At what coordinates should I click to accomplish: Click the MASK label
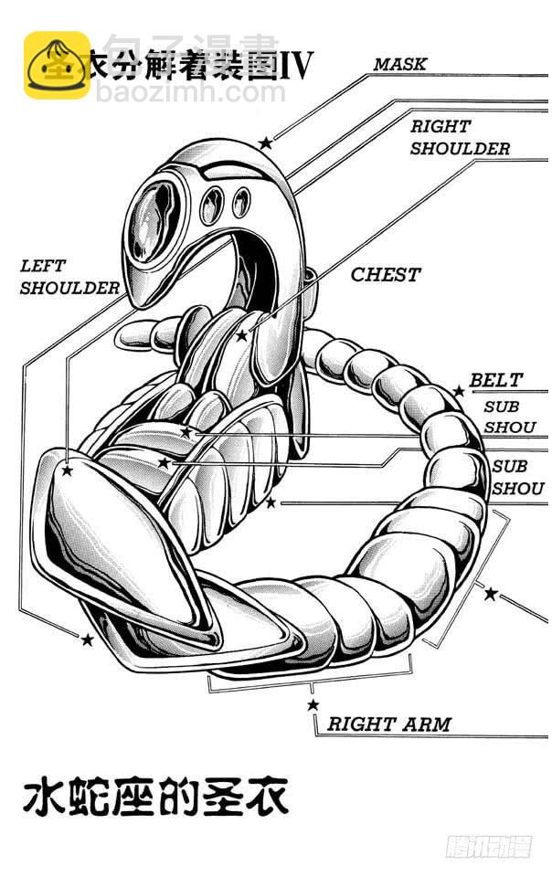(x=399, y=64)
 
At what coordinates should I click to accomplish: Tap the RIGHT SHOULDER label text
(x=459, y=137)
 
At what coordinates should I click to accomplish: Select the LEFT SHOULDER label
(x=69, y=277)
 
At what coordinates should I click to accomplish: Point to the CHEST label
(x=386, y=274)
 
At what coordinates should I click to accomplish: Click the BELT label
(x=496, y=380)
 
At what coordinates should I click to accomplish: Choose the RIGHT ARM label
(x=389, y=724)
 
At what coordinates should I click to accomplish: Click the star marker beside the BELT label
(x=459, y=391)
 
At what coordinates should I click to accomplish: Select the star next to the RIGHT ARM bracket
(x=313, y=704)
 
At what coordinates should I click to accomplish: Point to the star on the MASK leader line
(x=265, y=143)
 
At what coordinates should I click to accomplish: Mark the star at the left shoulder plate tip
(x=66, y=470)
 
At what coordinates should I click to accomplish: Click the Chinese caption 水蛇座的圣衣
(x=155, y=797)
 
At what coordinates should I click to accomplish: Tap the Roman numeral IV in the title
(x=294, y=64)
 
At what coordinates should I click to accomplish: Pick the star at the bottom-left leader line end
(x=88, y=639)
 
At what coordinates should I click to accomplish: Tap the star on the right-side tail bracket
(x=490, y=594)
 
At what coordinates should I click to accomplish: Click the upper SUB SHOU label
(x=502, y=417)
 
